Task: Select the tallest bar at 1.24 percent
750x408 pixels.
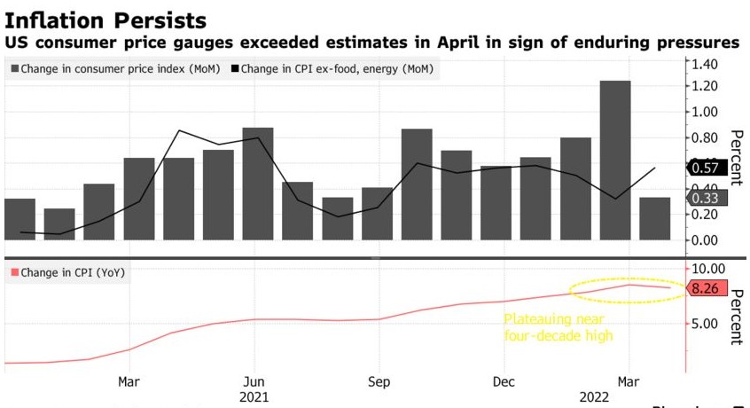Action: coord(615,160)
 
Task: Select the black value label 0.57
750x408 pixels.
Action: coord(707,168)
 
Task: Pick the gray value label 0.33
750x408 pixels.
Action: coord(707,198)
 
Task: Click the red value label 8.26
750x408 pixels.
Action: coord(707,288)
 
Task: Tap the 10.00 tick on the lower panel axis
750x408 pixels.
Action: coord(707,269)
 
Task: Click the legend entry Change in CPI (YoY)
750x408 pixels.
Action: coord(67,272)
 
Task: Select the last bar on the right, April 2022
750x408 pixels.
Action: coord(655,218)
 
